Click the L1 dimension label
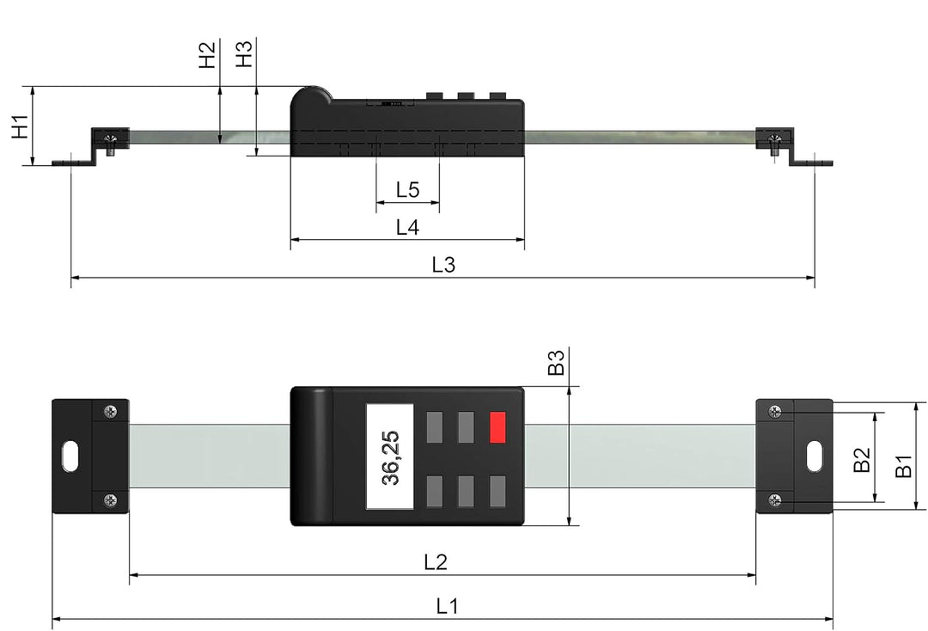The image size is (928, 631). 446,606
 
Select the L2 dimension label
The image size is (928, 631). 436,562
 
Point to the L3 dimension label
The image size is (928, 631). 443,266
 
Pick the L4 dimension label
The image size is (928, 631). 407,228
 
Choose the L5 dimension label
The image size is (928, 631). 407,190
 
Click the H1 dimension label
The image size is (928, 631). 19,126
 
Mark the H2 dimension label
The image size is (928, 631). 207,55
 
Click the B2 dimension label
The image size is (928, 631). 862,459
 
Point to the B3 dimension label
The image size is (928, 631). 556,363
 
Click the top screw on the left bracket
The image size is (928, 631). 110,412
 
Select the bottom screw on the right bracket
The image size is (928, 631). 775,500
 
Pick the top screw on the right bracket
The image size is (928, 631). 775,412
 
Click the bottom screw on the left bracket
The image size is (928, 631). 110,500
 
